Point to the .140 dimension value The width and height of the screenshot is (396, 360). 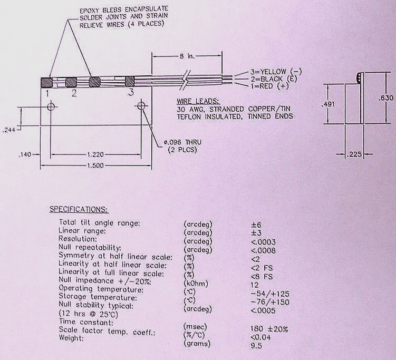point(25,154)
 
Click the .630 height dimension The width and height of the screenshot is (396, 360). point(385,98)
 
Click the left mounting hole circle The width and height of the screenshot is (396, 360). point(51,106)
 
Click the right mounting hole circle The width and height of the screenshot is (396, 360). point(141,106)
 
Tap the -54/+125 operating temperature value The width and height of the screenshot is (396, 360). point(270,293)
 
